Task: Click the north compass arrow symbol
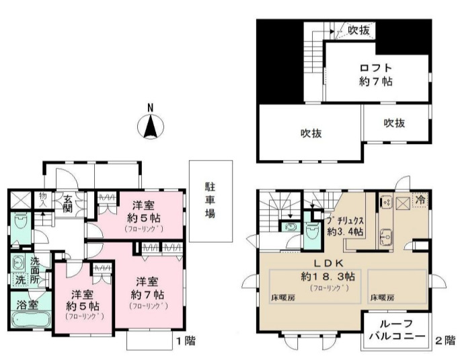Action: (151, 126)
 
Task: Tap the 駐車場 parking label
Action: (210, 200)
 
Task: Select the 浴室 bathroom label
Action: (28, 303)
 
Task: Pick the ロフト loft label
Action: (375, 67)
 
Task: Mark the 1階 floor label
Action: (186, 340)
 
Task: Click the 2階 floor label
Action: (445, 340)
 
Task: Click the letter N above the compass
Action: (151, 108)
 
